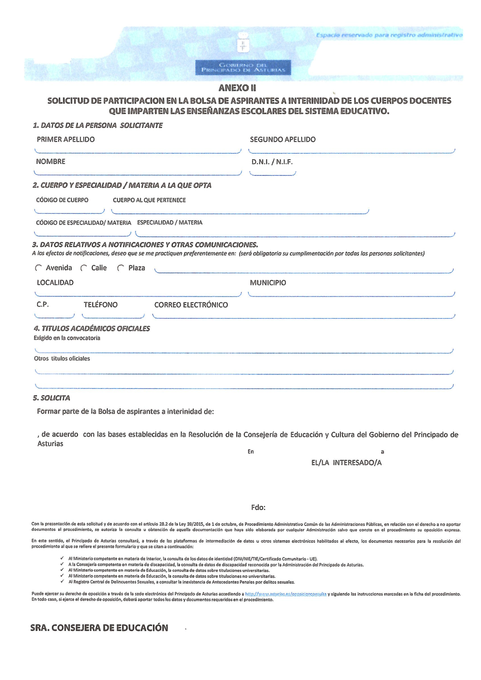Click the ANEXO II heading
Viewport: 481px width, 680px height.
click(237, 88)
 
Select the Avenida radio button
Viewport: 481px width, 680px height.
click(38, 268)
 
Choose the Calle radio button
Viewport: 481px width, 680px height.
click(84, 268)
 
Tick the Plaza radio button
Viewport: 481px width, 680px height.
click(121, 268)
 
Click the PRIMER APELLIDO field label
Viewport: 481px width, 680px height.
click(65, 140)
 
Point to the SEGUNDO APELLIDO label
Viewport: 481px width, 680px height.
click(282, 140)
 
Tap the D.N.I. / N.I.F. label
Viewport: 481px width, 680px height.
click(272, 162)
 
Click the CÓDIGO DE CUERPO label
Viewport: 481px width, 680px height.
click(62, 200)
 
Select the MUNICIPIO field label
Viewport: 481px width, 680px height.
click(267, 283)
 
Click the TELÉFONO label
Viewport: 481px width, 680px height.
click(101, 305)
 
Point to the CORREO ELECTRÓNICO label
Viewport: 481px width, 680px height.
click(191, 305)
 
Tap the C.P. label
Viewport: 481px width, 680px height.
click(42, 305)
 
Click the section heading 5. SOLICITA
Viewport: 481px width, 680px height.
click(51, 398)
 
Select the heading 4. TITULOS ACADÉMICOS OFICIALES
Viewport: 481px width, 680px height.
click(92, 329)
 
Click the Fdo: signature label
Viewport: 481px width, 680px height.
click(258, 508)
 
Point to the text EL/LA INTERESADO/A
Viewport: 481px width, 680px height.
click(346, 463)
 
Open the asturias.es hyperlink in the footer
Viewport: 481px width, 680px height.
click(286, 594)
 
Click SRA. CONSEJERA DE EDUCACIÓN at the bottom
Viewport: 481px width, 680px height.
click(99, 628)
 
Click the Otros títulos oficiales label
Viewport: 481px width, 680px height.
click(62, 359)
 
